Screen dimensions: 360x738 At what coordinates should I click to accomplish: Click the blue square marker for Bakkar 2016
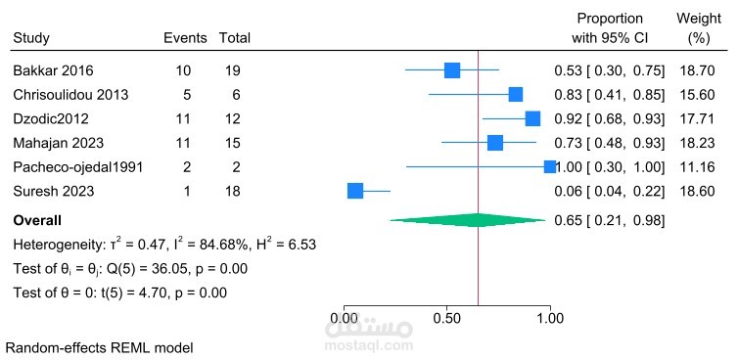coord(451,70)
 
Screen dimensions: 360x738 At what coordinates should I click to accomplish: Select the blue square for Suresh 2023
coord(355,191)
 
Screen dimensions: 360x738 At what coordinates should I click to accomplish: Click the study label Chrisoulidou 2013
coord(70,95)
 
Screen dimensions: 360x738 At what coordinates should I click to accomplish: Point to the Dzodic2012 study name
coord(50,118)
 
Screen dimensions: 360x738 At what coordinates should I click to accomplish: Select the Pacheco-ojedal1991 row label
coord(78,166)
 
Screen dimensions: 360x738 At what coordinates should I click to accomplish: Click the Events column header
coord(185,38)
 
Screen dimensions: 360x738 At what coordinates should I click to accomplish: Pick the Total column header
coord(234,38)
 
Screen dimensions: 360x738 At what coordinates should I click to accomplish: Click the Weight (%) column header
coord(699,28)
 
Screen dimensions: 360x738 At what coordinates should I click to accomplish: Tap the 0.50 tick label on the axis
coord(447,318)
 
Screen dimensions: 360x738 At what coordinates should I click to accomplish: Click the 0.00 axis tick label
coord(345,318)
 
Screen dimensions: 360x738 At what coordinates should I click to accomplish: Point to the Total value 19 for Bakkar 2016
coord(233,70)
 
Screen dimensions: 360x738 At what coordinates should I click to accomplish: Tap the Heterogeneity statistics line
coord(163,243)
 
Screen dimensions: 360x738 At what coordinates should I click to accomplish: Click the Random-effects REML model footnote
coord(99,347)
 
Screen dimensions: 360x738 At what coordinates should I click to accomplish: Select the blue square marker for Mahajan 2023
coord(495,143)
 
